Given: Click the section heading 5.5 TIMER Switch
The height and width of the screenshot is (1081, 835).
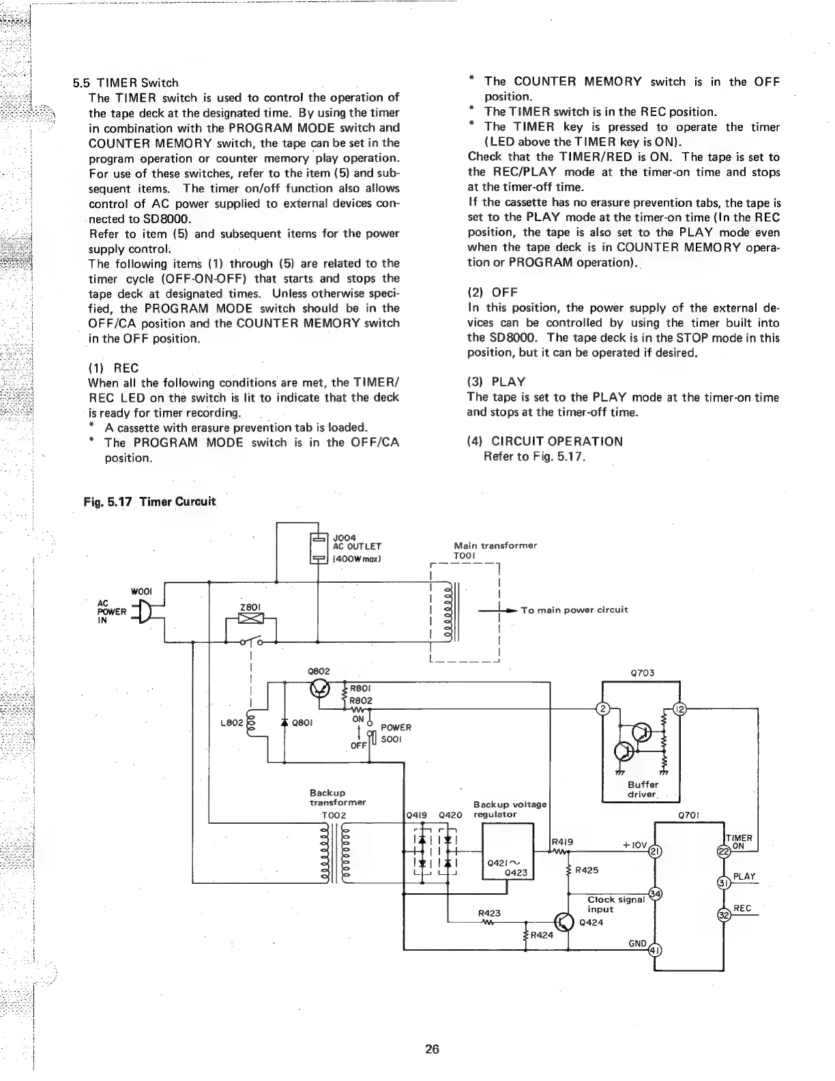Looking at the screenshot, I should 126,83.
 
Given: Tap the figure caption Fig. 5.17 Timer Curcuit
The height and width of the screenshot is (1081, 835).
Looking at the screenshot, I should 149,502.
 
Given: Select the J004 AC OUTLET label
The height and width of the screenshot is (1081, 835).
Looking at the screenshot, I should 356,545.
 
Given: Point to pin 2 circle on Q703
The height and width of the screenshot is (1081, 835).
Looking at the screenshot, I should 602,708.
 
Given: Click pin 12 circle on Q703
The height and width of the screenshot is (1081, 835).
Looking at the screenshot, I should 679,708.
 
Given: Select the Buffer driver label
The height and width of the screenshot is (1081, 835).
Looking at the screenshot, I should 642,790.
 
